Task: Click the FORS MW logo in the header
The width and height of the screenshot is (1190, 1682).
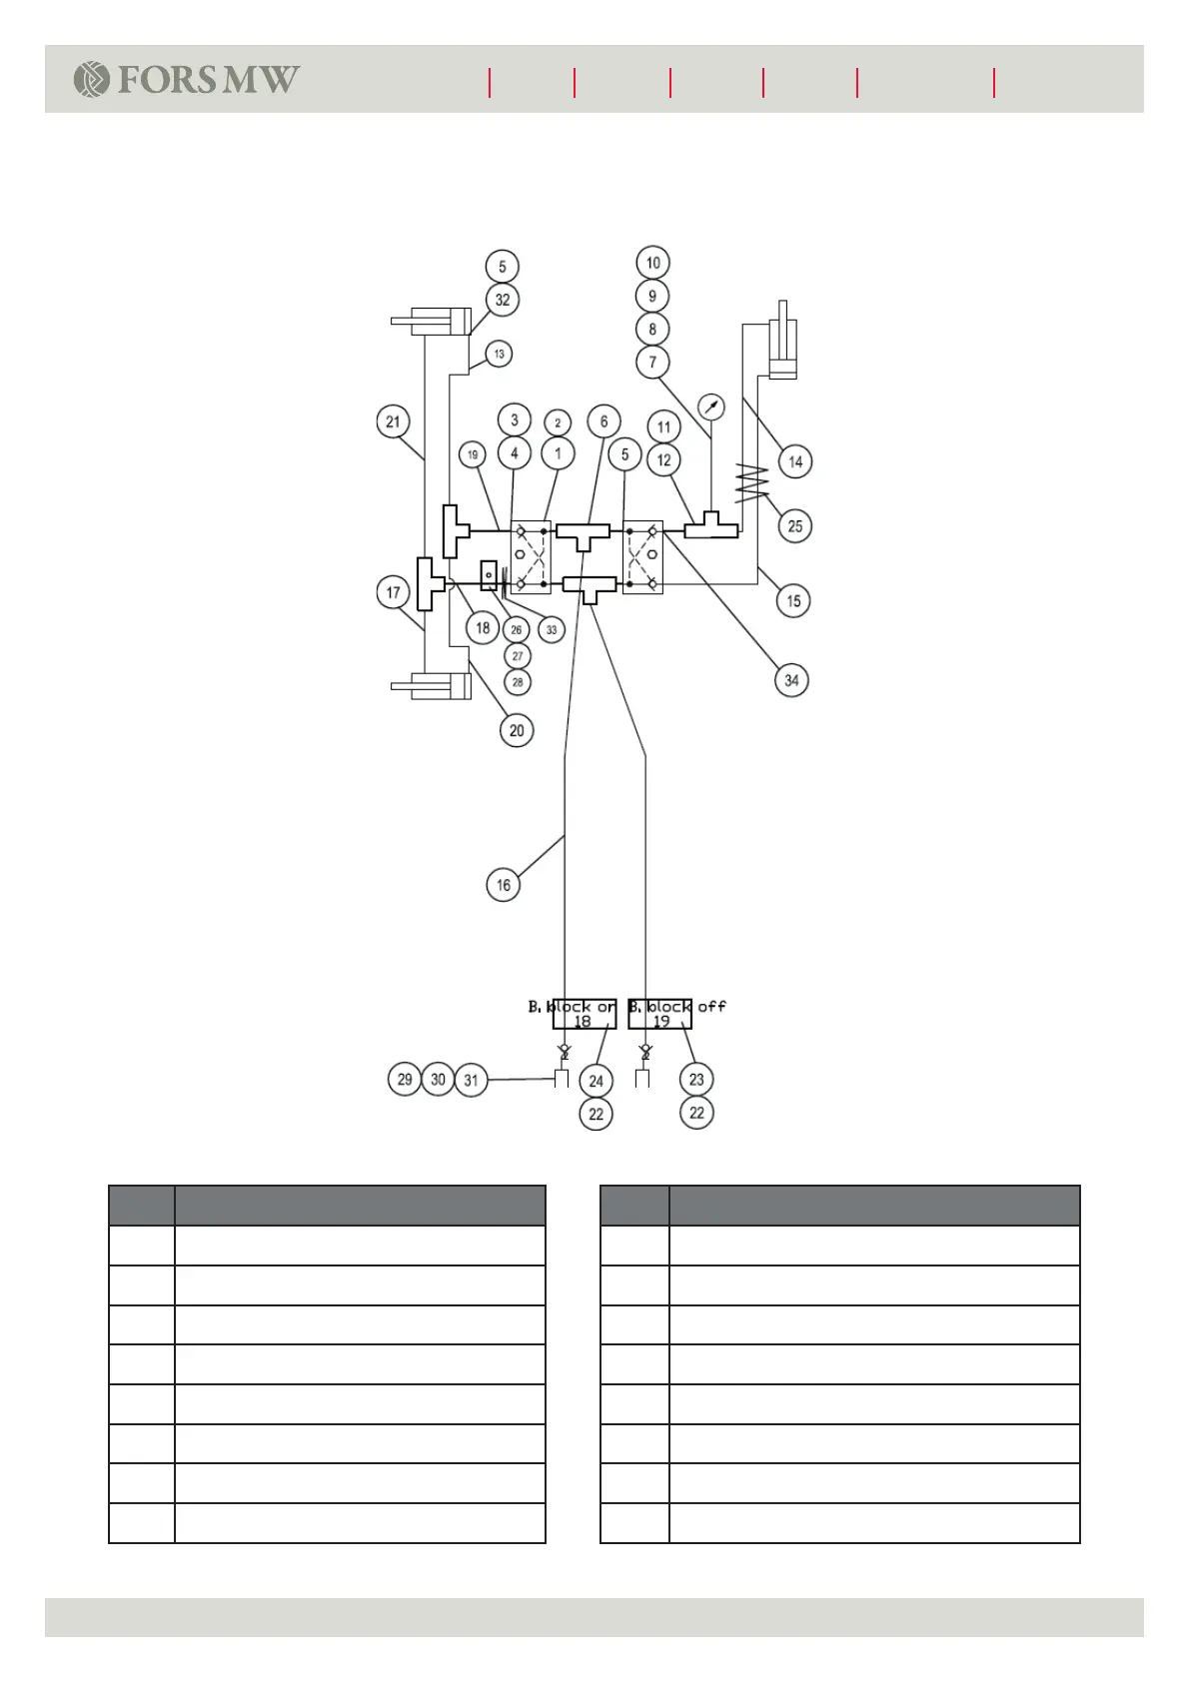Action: click(x=187, y=79)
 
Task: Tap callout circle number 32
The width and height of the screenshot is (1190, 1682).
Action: click(x=503, y=300)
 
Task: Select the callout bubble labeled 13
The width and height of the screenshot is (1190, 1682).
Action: click(x=499, y=354)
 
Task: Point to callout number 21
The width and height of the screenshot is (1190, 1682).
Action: click(x=393, y=421)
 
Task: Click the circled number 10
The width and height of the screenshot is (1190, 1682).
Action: click(x=652, y=263)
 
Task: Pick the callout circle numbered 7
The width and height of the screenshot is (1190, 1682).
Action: click(x=652, y=362)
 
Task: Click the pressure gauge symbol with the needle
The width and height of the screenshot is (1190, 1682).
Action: click(x=710, y=407)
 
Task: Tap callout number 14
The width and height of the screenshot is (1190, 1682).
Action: click(x=795, y=461)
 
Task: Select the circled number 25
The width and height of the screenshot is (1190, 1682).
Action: click(x=795, y=526)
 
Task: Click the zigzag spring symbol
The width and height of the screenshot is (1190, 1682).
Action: click(x=751, y=481)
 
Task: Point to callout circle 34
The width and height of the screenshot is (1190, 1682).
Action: click(x=791, y=680)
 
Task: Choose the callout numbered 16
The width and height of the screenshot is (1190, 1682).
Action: click(x=503, y=885)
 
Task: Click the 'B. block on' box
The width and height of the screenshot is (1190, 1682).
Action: click(x=584, y=1014)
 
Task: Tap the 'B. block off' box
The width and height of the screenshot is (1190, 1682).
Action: click(x=660, y=1014)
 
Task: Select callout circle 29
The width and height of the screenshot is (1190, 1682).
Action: click(x=405, y=1079)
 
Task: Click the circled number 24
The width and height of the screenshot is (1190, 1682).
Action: click(x=596, y=1081)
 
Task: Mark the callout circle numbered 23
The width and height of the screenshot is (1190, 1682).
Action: click(x=696, y=1079)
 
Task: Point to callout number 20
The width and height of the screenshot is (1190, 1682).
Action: click(x=517, y=730)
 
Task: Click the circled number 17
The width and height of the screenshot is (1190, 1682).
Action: click(x=393, y=592)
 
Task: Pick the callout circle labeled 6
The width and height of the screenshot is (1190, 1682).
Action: click(x=603, y=421)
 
